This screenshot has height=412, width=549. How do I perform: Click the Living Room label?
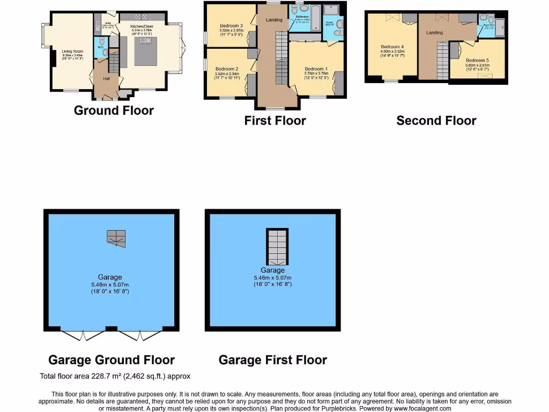[x=67, y=51]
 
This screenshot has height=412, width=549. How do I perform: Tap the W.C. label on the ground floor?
[x=100, y=47]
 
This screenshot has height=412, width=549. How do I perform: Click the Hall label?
[x=106, y=79]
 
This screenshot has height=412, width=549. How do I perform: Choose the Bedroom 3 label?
[x=231, y=26]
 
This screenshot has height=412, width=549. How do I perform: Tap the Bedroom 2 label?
[x=226, y=69]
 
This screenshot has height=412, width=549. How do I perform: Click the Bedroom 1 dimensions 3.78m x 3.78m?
[x=316, y=74]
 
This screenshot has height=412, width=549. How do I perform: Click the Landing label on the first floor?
[x=274, y=20]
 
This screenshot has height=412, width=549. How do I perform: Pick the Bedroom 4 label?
[x=392, y=47]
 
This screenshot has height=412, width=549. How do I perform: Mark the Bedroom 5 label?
[x=477, y=61]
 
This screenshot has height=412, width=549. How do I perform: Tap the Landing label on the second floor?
[x=434, y=33]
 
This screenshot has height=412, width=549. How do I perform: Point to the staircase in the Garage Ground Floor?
[x=116, y=238]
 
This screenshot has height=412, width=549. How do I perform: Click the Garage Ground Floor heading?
[x=112, y=360]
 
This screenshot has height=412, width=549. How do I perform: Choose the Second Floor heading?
[x=436, y=121]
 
